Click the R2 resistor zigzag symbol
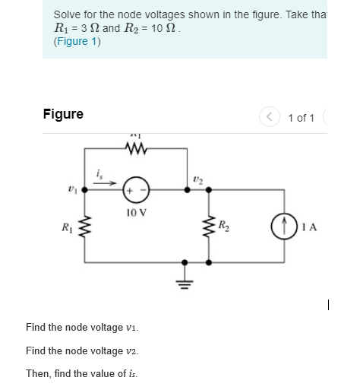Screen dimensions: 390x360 pyautogui.click(x=209, y=227)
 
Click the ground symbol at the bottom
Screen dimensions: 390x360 pyautogui.click(x=183, y=280)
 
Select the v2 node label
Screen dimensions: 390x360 pyautogui.click(x=198, y=179)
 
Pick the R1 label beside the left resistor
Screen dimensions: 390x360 pyautogui.click(x=68, y=225)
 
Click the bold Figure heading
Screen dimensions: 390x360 pyautogui.click(x=63, y=114)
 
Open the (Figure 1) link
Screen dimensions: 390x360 pyautogui.click(x=77, y=42)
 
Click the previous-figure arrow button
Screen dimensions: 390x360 pyautogui.click(x=269, y=117)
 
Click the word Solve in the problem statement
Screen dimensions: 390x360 pyautogui.click(x=68, y=14)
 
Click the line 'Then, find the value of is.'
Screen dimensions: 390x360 pyautogui.click(x=82, y=373)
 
